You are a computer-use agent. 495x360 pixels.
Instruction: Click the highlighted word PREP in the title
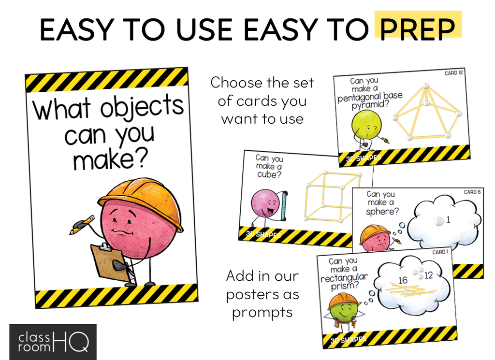point(417,29)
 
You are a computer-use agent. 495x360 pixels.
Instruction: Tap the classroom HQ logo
point(53,342)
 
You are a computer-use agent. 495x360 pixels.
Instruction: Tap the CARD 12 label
point(453,73)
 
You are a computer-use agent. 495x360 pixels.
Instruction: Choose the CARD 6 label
point(472,192)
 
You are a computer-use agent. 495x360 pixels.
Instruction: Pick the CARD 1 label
point(440,252)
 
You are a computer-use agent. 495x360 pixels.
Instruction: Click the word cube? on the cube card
point(269,174)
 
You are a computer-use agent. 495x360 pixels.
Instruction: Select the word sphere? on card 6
point(382,211)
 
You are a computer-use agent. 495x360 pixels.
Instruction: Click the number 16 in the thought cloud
point(403,280)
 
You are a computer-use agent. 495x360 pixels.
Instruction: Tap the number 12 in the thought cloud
point(428,275)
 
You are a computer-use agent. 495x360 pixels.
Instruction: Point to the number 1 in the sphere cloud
point(448,219)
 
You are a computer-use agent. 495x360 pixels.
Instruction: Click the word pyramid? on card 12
point(370,104)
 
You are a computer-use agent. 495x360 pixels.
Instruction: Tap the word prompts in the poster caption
point(262,313)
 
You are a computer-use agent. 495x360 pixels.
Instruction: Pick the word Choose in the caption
point(236,83)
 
